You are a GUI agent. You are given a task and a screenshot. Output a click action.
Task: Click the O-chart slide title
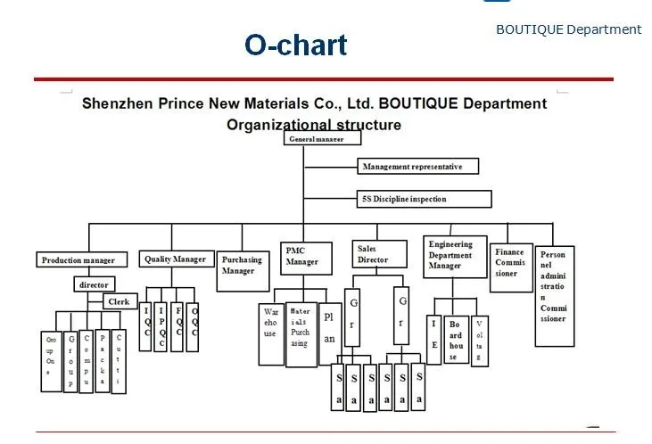(x=296, y=45)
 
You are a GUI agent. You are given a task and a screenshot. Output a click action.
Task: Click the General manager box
(x=324, y=138)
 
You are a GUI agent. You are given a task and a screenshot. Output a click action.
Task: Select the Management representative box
(x=418, y=166)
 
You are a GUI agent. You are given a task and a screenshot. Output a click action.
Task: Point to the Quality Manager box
(x=176, y=259)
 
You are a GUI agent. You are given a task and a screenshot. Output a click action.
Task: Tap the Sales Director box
(x=375, y=253)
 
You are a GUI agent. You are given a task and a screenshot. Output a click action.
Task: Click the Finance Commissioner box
(x=510, y=263)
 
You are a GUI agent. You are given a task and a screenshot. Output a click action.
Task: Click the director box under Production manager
(x=94, y=284)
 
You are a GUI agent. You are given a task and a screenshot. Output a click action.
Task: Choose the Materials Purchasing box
(x=300, y=326)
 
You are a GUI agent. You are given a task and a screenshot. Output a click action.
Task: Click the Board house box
(x=456, y=340)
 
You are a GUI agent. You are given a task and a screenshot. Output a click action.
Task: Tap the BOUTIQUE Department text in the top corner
(x=568, y=29)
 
